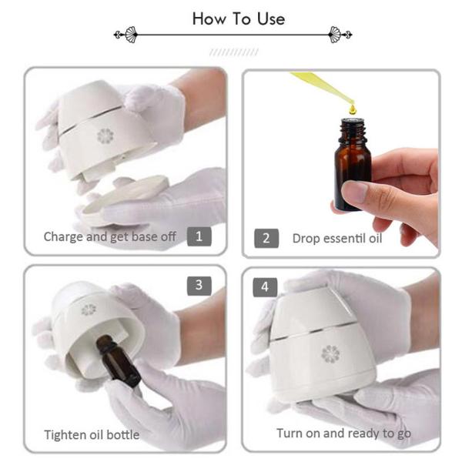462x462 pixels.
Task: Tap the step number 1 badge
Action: pos(199,236)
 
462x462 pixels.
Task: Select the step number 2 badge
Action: pos(266,237)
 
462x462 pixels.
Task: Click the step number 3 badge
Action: pos(199,285)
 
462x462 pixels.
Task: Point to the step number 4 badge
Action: pos(266,286)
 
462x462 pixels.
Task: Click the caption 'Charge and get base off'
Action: pos(110,236)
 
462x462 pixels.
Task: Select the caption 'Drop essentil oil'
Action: pos(336,238)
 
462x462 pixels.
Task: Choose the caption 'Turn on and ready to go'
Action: pos(343,433)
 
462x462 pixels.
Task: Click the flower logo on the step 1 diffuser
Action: pos(105,136)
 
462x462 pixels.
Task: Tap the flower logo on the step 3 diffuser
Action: pos(89,310)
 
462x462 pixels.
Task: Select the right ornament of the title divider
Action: pos(339,34)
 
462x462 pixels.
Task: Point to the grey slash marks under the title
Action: pos(233,52)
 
